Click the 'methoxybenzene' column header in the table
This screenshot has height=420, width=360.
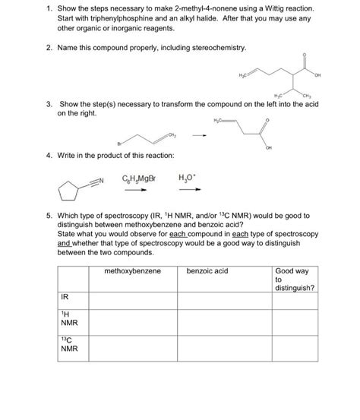click(x=133, y=271)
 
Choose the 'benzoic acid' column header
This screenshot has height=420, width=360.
click(x=207, y=271)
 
